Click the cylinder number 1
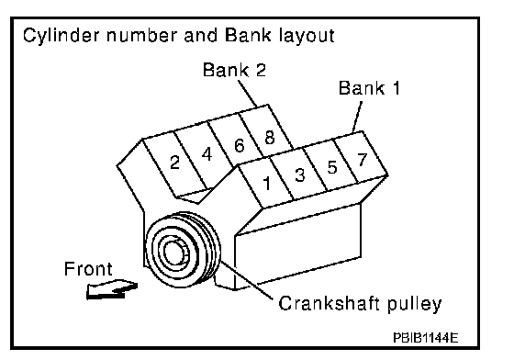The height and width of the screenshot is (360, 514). [267, 184]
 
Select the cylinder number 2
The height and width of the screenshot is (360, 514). [175, 162]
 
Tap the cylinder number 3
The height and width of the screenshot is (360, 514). [299, 174]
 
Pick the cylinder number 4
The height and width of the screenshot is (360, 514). [207, 154]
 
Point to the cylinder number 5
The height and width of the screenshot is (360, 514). [332, 167]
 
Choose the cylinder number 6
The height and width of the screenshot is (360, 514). [240, 145]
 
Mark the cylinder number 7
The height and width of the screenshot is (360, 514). [363, 160]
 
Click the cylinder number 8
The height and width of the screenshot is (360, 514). [270, 138]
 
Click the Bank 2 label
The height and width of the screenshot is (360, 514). [234, 70]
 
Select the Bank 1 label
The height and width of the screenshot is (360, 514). [369, 88]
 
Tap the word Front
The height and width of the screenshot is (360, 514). [88, 269]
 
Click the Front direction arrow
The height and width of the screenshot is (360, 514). [111, 289]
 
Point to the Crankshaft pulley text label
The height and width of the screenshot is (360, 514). [360, 304]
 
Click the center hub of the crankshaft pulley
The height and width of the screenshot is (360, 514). [174, 253]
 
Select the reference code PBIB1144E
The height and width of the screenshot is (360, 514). [425, 337]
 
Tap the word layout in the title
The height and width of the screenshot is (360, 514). [307, 36]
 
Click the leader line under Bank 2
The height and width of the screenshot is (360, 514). [248, 93]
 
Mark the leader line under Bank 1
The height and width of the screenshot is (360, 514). [357, 117]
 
